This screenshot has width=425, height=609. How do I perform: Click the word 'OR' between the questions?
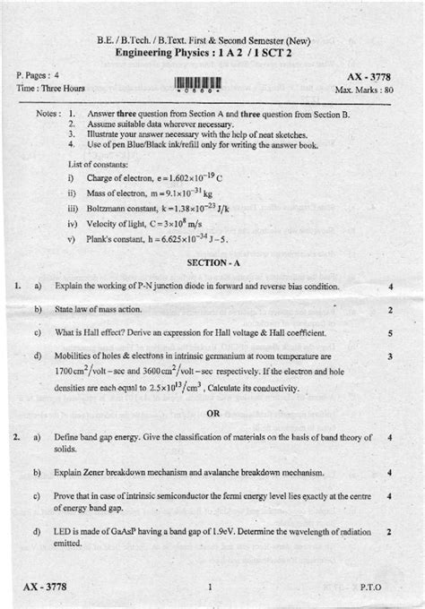click(x=213, y=413)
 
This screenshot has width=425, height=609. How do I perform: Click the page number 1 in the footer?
click(x=208, y=587)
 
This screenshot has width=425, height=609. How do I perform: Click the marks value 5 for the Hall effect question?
click(x=391, y=333)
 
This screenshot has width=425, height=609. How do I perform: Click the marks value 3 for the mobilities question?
click(x=391, y=356)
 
